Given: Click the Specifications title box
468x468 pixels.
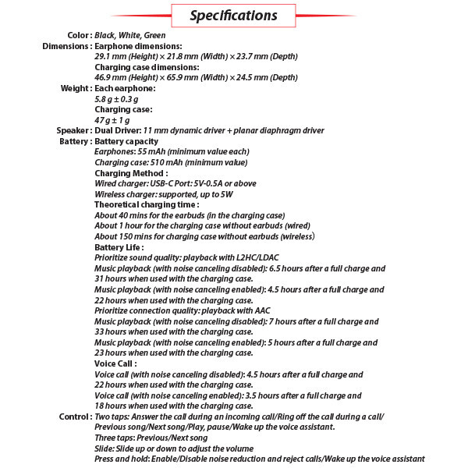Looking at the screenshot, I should (233, 15).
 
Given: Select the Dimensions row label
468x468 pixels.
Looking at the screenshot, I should (66, 46).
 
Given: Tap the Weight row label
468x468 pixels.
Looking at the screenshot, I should (76, 88).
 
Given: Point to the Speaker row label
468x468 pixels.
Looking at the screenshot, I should (73, 130).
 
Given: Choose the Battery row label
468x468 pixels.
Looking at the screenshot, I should (75, 141).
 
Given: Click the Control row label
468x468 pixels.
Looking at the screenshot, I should (75, 417).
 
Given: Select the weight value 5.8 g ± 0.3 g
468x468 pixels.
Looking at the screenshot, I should (116, 99).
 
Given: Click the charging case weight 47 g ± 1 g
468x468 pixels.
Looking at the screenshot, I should (112, 120).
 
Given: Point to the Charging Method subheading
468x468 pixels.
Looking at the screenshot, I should (131, 173).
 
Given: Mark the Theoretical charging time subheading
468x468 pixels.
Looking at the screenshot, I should (147, 204).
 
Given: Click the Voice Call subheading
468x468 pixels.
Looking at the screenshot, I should (115, 363).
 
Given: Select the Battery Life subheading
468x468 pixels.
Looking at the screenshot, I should (119, 247).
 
